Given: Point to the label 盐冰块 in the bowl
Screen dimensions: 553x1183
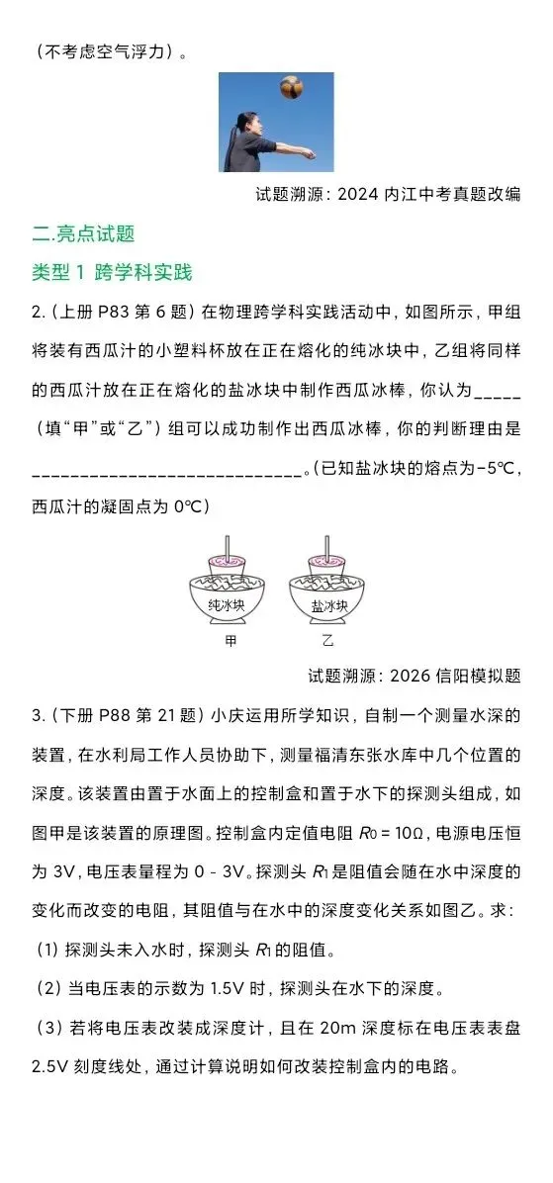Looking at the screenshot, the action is (x=328, y=605).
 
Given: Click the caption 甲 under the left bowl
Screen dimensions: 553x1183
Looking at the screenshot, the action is (x=230, y=641).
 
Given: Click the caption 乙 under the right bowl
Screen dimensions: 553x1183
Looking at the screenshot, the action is (x=327, y=641).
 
